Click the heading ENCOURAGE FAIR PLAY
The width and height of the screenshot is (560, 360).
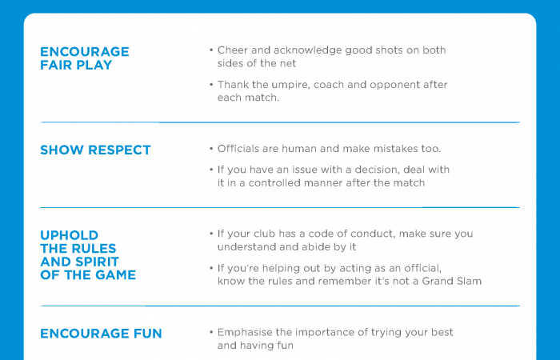click(84, 58)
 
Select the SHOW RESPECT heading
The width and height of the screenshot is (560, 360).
click(95, 150)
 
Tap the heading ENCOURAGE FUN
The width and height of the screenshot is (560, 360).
click(101, 333)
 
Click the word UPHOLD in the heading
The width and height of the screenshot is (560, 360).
click(70, 235)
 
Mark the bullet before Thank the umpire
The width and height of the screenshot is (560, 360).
click(210, 85)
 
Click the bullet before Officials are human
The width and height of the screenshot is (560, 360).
click(210, 150)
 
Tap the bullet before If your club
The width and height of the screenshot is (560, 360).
click(210, 234)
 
